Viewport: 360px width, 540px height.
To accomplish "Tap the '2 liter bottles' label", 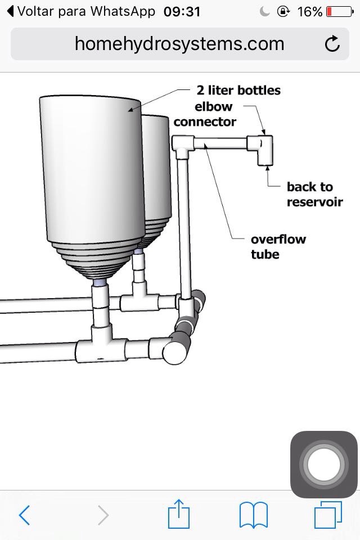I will [x=238, y=90].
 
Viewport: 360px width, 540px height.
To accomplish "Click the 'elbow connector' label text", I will [x=205, y=114].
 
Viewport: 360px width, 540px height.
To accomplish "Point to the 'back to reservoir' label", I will [x=314, y=194].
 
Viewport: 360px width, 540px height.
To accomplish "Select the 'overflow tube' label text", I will [x=278, y=246].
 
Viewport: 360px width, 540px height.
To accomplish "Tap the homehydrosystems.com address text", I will [x=179, y=44].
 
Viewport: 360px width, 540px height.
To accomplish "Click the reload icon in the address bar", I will [x=332, y=44].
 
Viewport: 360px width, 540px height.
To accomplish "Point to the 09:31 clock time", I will [x=182, y=11].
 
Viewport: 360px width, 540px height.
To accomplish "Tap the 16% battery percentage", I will [x=310, y=11].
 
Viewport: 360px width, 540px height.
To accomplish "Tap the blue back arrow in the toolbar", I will [x=24, y=514].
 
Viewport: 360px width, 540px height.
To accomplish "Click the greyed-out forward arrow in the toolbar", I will [x=102, y=514].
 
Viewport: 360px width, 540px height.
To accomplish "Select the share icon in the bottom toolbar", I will [x=179, y=512].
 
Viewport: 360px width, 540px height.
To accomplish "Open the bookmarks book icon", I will [x=254, y=514].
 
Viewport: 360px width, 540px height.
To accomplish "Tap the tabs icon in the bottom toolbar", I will [x=328, y=514].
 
